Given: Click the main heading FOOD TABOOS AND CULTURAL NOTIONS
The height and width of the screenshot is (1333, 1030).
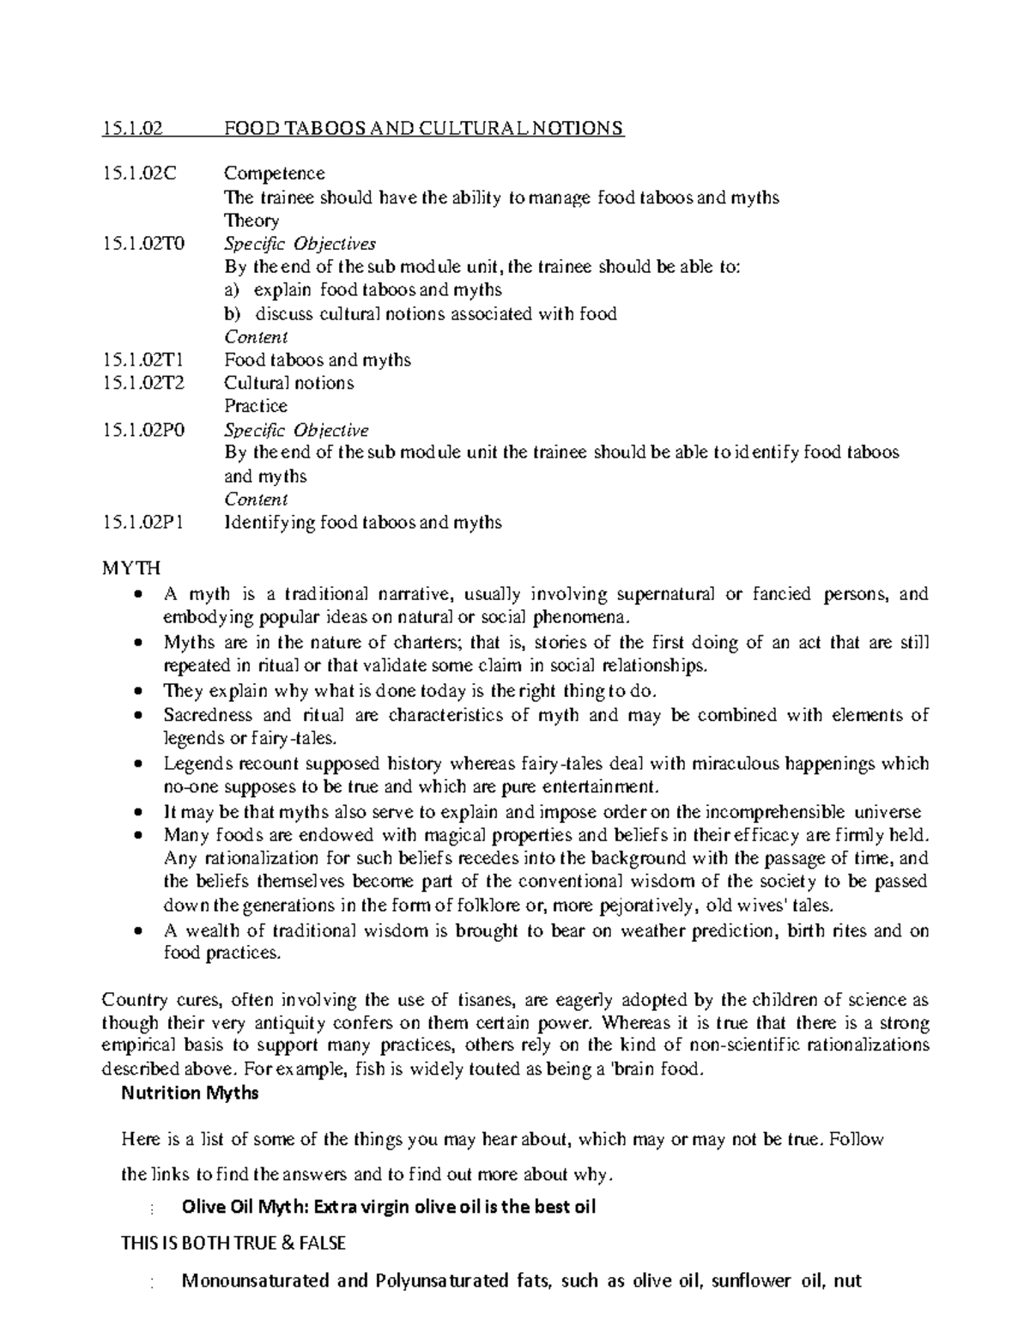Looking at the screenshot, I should click(423, 129).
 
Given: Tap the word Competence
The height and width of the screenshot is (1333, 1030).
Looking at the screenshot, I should click(274, 174).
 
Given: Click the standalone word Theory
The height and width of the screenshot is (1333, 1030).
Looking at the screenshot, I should click(251, 221).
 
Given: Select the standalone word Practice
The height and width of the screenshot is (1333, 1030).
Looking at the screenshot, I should click(255, 406).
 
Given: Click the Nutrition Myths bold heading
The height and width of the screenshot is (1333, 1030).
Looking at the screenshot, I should click(190, 1094).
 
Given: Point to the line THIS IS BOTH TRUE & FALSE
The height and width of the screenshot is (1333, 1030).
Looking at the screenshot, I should click(233, 1243).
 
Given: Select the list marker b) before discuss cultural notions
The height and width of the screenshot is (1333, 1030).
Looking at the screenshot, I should click(232, 313).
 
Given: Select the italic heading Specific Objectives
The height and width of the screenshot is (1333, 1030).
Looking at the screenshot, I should click(300, 244).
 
